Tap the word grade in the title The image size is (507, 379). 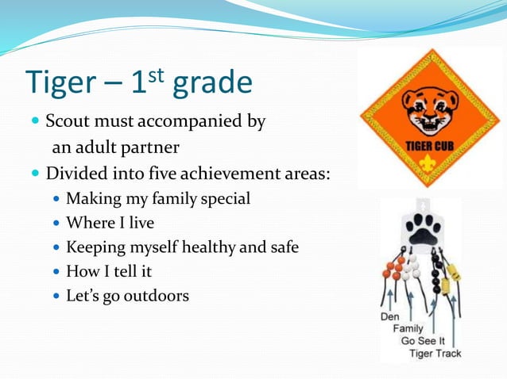tap(207, 83)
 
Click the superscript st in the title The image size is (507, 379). tap(156, 74)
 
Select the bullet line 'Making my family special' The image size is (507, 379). tap(158, 198)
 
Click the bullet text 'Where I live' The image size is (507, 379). tap(110, 223)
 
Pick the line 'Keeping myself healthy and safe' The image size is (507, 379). tap(182, 247)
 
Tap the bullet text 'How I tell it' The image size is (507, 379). tap(108, 272)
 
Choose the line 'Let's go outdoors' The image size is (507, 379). tap(127, 297)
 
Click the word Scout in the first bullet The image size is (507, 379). tap(67, 122)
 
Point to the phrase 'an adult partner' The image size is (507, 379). tap(115, 147)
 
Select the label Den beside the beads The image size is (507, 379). tap(390, 316)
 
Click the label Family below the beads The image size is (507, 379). tap(408, 328)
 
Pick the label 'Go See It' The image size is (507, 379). tap(422, 341)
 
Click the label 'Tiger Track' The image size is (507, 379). tap(435, 354)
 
